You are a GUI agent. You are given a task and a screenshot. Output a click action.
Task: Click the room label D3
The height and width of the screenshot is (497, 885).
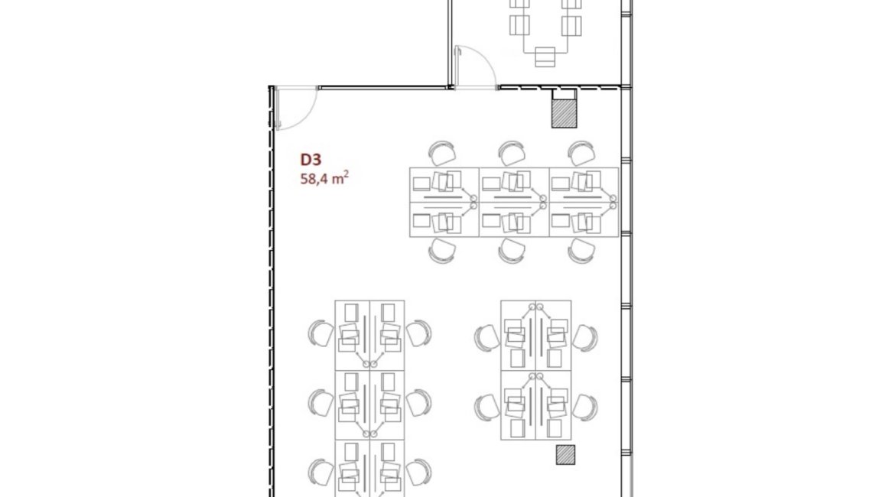coord(311,160)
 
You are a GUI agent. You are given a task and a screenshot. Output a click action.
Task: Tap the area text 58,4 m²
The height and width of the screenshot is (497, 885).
coord(324,178)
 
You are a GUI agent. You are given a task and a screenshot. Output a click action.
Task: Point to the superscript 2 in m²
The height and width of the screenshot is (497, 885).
coord(346,174)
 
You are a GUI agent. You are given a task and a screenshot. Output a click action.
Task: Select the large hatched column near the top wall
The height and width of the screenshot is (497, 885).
coord(564,113)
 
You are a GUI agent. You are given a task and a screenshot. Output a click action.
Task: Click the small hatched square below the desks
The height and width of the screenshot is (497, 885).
coord(565,455)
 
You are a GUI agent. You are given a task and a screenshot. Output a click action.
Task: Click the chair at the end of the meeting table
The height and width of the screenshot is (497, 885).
coord(545,57)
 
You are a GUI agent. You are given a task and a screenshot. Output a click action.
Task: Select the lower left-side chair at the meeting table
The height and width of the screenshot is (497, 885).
coord(519,26)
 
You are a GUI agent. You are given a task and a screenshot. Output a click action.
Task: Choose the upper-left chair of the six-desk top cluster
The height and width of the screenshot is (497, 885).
coord(442,153)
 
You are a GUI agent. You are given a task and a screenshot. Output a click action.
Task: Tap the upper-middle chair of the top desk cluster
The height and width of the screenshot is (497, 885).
coord(512,153)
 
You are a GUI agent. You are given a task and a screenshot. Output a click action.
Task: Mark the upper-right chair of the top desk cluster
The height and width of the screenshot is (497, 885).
coord(581,153)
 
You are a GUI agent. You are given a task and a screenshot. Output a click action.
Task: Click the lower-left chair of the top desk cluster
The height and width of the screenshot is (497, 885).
coord(442,251)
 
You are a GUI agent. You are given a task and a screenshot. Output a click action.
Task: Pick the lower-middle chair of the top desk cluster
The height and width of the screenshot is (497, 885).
coord(512,251)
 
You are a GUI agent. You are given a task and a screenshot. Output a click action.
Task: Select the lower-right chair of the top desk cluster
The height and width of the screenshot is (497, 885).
coord(581,251)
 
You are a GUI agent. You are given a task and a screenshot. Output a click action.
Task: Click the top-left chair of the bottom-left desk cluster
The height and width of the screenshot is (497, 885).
coord(320,333)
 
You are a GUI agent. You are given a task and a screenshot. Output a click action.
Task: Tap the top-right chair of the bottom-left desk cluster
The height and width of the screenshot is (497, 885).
coord(419,333)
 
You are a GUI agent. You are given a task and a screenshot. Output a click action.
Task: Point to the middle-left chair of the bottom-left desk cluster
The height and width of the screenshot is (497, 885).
coord(320,403)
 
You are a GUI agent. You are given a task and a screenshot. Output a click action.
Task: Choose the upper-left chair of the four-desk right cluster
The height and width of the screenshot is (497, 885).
coord(487,338)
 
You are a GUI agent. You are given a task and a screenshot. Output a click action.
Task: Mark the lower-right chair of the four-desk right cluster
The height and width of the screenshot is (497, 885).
coord(584,408)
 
